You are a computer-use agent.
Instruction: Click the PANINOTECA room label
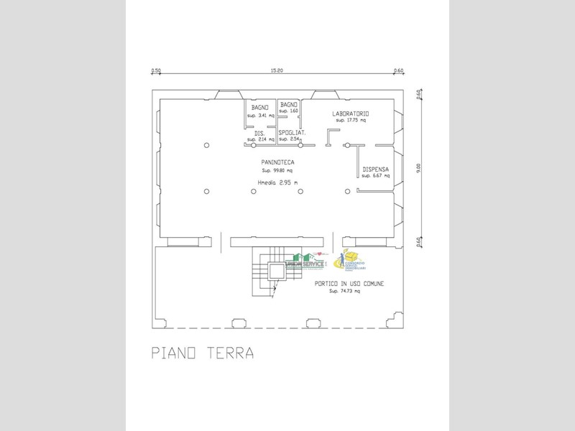click(277, 163)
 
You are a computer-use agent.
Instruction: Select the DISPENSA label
click(376, 170)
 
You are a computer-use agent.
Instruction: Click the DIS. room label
click(259, 133)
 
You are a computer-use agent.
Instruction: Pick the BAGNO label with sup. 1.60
click(289, 105)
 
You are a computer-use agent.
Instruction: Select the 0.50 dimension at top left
click(155, 70)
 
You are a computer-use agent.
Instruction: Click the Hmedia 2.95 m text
click(277, 182)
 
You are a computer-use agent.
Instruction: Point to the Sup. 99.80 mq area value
click(277, 171)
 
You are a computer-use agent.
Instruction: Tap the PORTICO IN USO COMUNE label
click(349, 284)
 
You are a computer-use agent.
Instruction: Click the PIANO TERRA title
click(202, 353)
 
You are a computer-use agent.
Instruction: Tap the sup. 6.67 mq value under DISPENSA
click(376, 176)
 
